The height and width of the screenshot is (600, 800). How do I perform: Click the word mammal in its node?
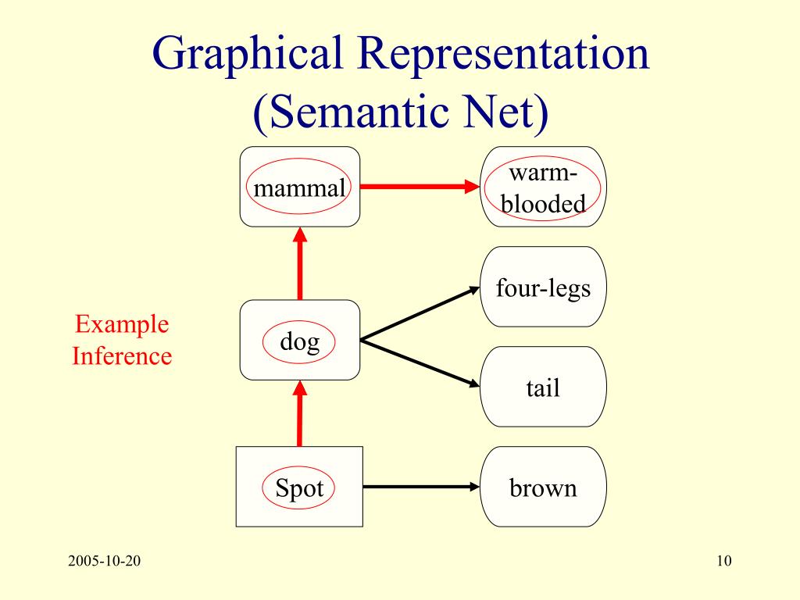point(300,188)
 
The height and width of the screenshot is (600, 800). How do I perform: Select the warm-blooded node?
point(543,187)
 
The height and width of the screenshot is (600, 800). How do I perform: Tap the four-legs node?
point(543,287)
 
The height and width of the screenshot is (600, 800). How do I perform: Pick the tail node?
point(543,387)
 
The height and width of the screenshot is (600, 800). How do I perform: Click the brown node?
point(543,488)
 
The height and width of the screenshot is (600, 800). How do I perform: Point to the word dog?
point(300,341)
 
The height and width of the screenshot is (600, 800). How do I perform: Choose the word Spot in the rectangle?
point(299,488)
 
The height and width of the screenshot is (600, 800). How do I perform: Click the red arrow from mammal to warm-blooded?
point(419,187)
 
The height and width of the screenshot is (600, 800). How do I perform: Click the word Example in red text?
point(122,323)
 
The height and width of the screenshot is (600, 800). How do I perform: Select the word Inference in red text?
point(122,356)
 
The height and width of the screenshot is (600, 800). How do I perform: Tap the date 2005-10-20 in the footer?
point(104,561)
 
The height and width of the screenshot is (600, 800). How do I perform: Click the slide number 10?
point(723,561)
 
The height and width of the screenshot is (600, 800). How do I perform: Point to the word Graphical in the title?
point(249,57)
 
